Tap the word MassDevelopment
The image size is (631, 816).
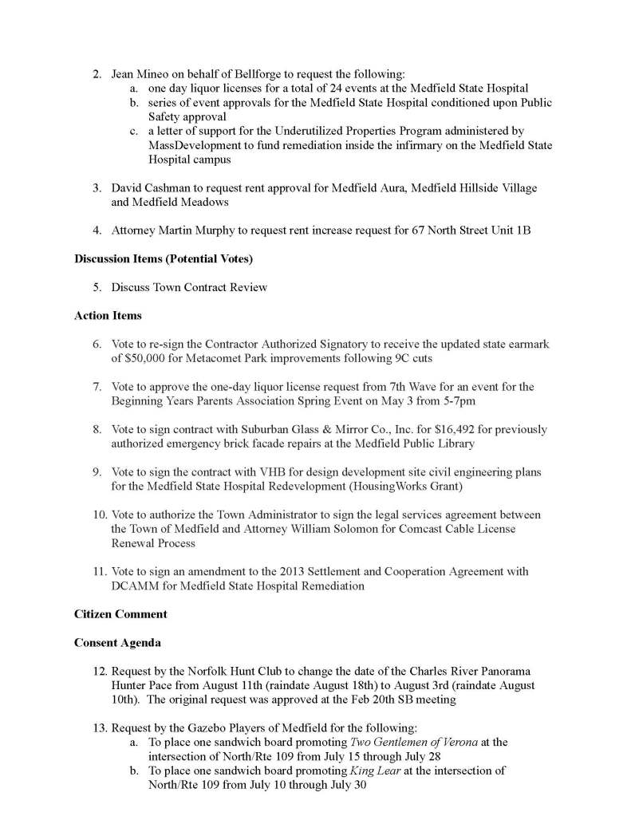195,145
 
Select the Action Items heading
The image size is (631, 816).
108,315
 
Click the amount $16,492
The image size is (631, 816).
429,429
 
